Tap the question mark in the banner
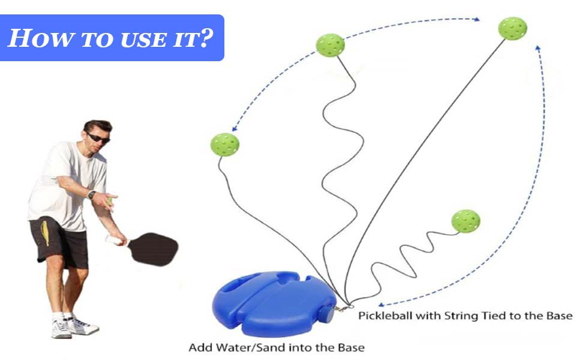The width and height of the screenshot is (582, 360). [205, 38]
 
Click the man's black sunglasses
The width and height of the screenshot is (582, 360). [98, 137]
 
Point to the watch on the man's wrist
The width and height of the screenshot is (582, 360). [91, 195]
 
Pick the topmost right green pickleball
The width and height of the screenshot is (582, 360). [512, 29]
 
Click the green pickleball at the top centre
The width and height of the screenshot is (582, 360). [330, 45]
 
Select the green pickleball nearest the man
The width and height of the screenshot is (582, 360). [225, 145]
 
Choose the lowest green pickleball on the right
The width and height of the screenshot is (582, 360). [466, 221]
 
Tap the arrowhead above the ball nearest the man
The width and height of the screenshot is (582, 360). [233, 129]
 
